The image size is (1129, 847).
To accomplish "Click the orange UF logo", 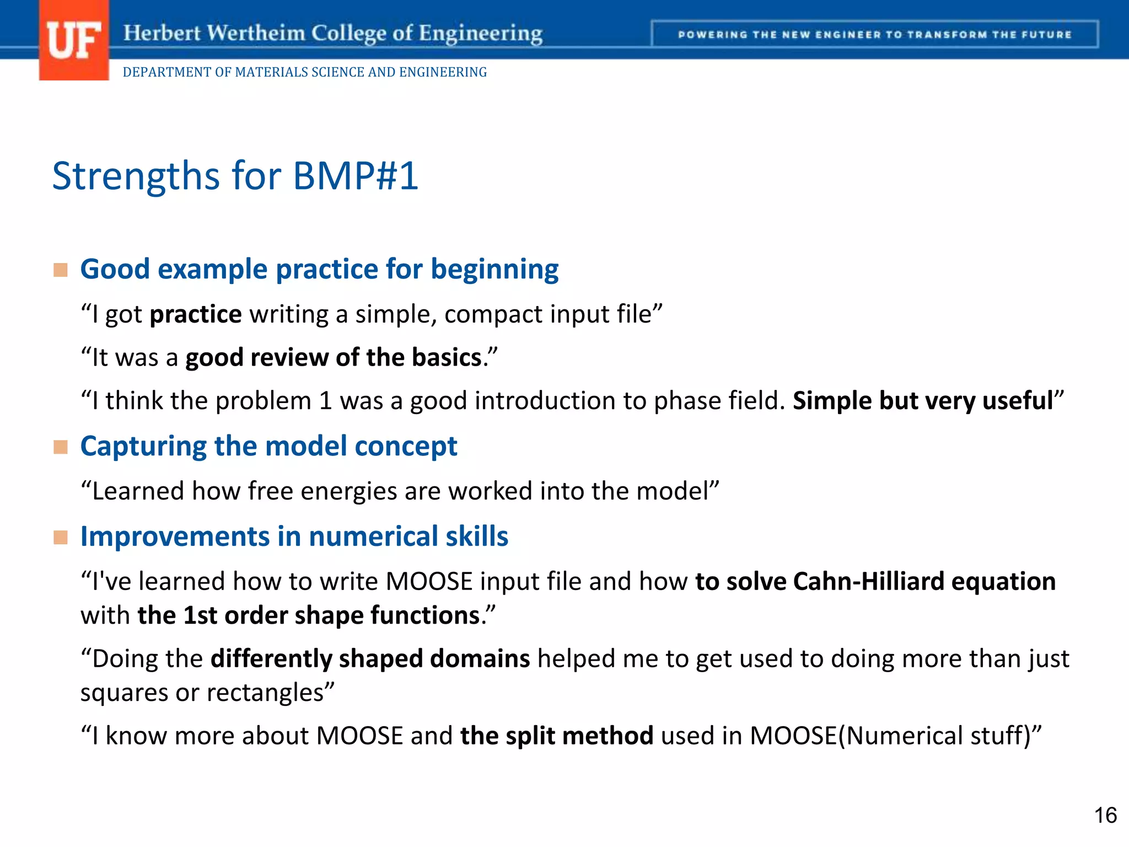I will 73,41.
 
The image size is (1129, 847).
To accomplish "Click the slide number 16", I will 1105,815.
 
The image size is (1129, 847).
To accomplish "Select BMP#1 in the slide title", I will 356,176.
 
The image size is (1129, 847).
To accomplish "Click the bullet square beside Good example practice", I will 61,270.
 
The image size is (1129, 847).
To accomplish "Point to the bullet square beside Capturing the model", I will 61,447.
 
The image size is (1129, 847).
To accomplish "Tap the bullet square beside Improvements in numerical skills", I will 61,537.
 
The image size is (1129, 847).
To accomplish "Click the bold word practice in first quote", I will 196,314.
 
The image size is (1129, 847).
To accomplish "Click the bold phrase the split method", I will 557,736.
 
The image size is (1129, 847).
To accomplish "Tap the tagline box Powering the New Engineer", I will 874,35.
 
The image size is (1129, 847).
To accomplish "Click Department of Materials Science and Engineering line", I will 304,72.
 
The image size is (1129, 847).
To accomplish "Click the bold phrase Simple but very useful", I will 923,401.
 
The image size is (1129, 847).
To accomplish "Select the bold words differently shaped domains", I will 370,659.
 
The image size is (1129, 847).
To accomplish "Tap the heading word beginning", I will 494,269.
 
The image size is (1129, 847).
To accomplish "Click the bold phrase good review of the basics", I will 334,357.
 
